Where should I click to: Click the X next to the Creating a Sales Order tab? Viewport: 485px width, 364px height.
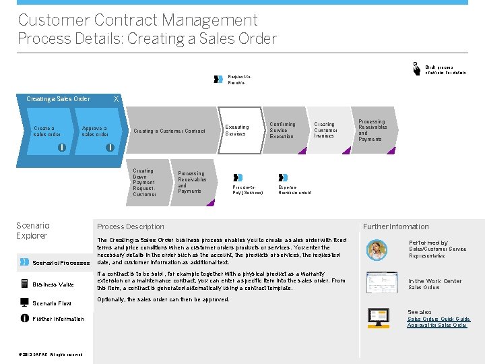[117, 98]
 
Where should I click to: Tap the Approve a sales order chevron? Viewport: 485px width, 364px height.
[94, 131]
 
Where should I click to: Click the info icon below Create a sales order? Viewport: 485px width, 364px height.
[62, 148]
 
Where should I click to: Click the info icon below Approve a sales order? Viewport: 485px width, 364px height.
[109, 148]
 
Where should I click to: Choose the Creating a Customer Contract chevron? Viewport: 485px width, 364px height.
[170, 131]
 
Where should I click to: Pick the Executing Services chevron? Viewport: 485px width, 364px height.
[237, 130]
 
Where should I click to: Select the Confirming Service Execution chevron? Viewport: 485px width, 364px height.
[282, 130]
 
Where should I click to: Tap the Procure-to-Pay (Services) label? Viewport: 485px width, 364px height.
[247, 190]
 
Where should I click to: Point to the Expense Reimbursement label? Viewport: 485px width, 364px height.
[294, 190]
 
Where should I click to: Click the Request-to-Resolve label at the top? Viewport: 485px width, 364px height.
[236, 80]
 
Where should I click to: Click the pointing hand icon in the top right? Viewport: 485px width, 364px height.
[416, 68]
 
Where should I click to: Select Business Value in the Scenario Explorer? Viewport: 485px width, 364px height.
[53, 284]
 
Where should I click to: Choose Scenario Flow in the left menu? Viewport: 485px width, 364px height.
[51, 303]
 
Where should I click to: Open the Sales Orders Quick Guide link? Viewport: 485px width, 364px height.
[439, 319]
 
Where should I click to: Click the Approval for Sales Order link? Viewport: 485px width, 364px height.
[437, 326]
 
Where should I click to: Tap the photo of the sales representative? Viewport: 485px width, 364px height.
[377, 249]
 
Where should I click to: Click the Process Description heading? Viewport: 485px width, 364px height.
[131, 226]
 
